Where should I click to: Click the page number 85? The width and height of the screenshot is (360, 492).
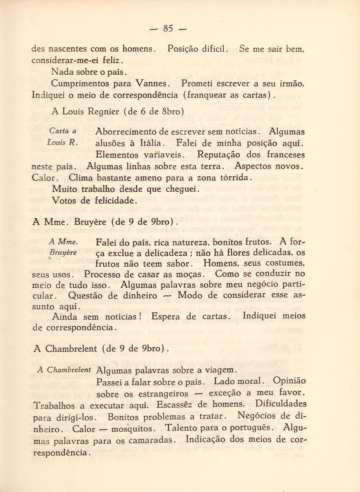[168, 29]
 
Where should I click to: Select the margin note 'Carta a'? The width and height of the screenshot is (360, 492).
[63, 131]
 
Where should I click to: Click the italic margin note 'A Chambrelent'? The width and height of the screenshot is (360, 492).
[64, 370]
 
